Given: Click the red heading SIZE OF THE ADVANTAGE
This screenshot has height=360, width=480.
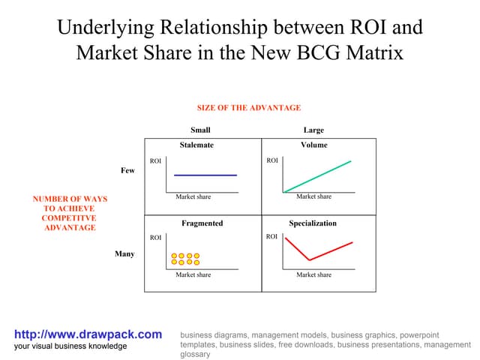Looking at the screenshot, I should (249, 108).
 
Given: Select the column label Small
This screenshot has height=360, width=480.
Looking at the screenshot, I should (200, 130).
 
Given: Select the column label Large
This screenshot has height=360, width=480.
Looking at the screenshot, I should (313, 130).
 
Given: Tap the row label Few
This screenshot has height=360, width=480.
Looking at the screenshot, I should (127, 171).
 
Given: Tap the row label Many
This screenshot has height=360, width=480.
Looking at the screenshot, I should (124, 254).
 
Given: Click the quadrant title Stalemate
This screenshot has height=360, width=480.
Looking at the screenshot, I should (196, 145).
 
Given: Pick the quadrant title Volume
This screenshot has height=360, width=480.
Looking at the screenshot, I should (313, 145).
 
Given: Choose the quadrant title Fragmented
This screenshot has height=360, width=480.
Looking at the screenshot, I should (202, 223).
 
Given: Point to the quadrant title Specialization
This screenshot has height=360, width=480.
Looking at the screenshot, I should (313, 223).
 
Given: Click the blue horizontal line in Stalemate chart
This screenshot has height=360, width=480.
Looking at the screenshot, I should (205, 175).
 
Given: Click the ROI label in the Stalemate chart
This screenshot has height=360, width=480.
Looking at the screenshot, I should (155, 161).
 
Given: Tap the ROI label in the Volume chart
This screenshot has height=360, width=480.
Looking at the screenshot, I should (272, 161).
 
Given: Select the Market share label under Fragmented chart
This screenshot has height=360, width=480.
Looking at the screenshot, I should (193, 275).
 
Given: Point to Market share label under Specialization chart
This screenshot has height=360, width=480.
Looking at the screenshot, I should (313, 275).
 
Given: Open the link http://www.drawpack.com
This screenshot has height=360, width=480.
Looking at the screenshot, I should (88, 334).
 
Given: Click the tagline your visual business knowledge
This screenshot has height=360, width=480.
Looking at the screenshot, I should (71, 346).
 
